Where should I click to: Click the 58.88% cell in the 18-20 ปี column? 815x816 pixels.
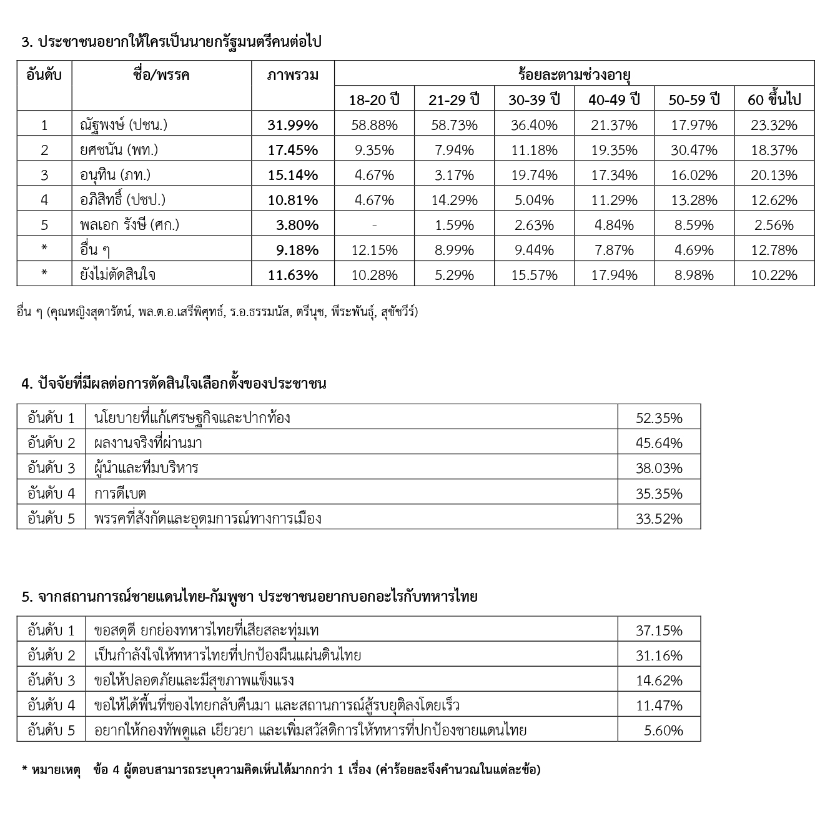374,125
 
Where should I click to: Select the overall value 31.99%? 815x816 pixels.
292,125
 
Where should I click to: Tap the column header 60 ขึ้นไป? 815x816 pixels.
774,99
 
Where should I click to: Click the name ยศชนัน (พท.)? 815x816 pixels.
119,150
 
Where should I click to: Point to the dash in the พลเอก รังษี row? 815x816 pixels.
374,225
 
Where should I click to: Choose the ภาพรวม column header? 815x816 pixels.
292,76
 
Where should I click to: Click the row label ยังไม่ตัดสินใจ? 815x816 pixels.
119,275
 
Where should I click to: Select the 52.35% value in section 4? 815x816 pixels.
659,418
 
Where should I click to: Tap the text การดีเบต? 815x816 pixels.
120,494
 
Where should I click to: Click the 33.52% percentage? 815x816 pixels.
659,519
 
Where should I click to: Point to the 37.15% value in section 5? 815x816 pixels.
659,630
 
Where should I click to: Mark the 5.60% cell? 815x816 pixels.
663,730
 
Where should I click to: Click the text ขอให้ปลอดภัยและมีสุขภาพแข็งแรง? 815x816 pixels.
194,680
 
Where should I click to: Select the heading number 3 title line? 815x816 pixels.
172,42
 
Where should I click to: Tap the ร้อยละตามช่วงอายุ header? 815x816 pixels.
574,76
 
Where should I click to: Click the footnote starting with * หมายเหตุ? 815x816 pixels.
281,770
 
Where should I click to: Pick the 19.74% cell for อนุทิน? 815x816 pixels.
534,175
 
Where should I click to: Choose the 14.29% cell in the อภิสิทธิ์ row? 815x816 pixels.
454,200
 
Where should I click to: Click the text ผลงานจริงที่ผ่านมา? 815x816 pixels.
148,443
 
